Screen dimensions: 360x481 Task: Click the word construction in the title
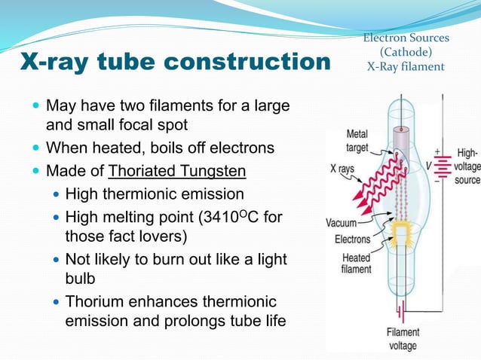[248, 63]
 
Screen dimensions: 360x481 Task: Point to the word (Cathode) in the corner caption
[406, 52]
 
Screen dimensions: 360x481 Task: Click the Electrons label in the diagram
[352, 239]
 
